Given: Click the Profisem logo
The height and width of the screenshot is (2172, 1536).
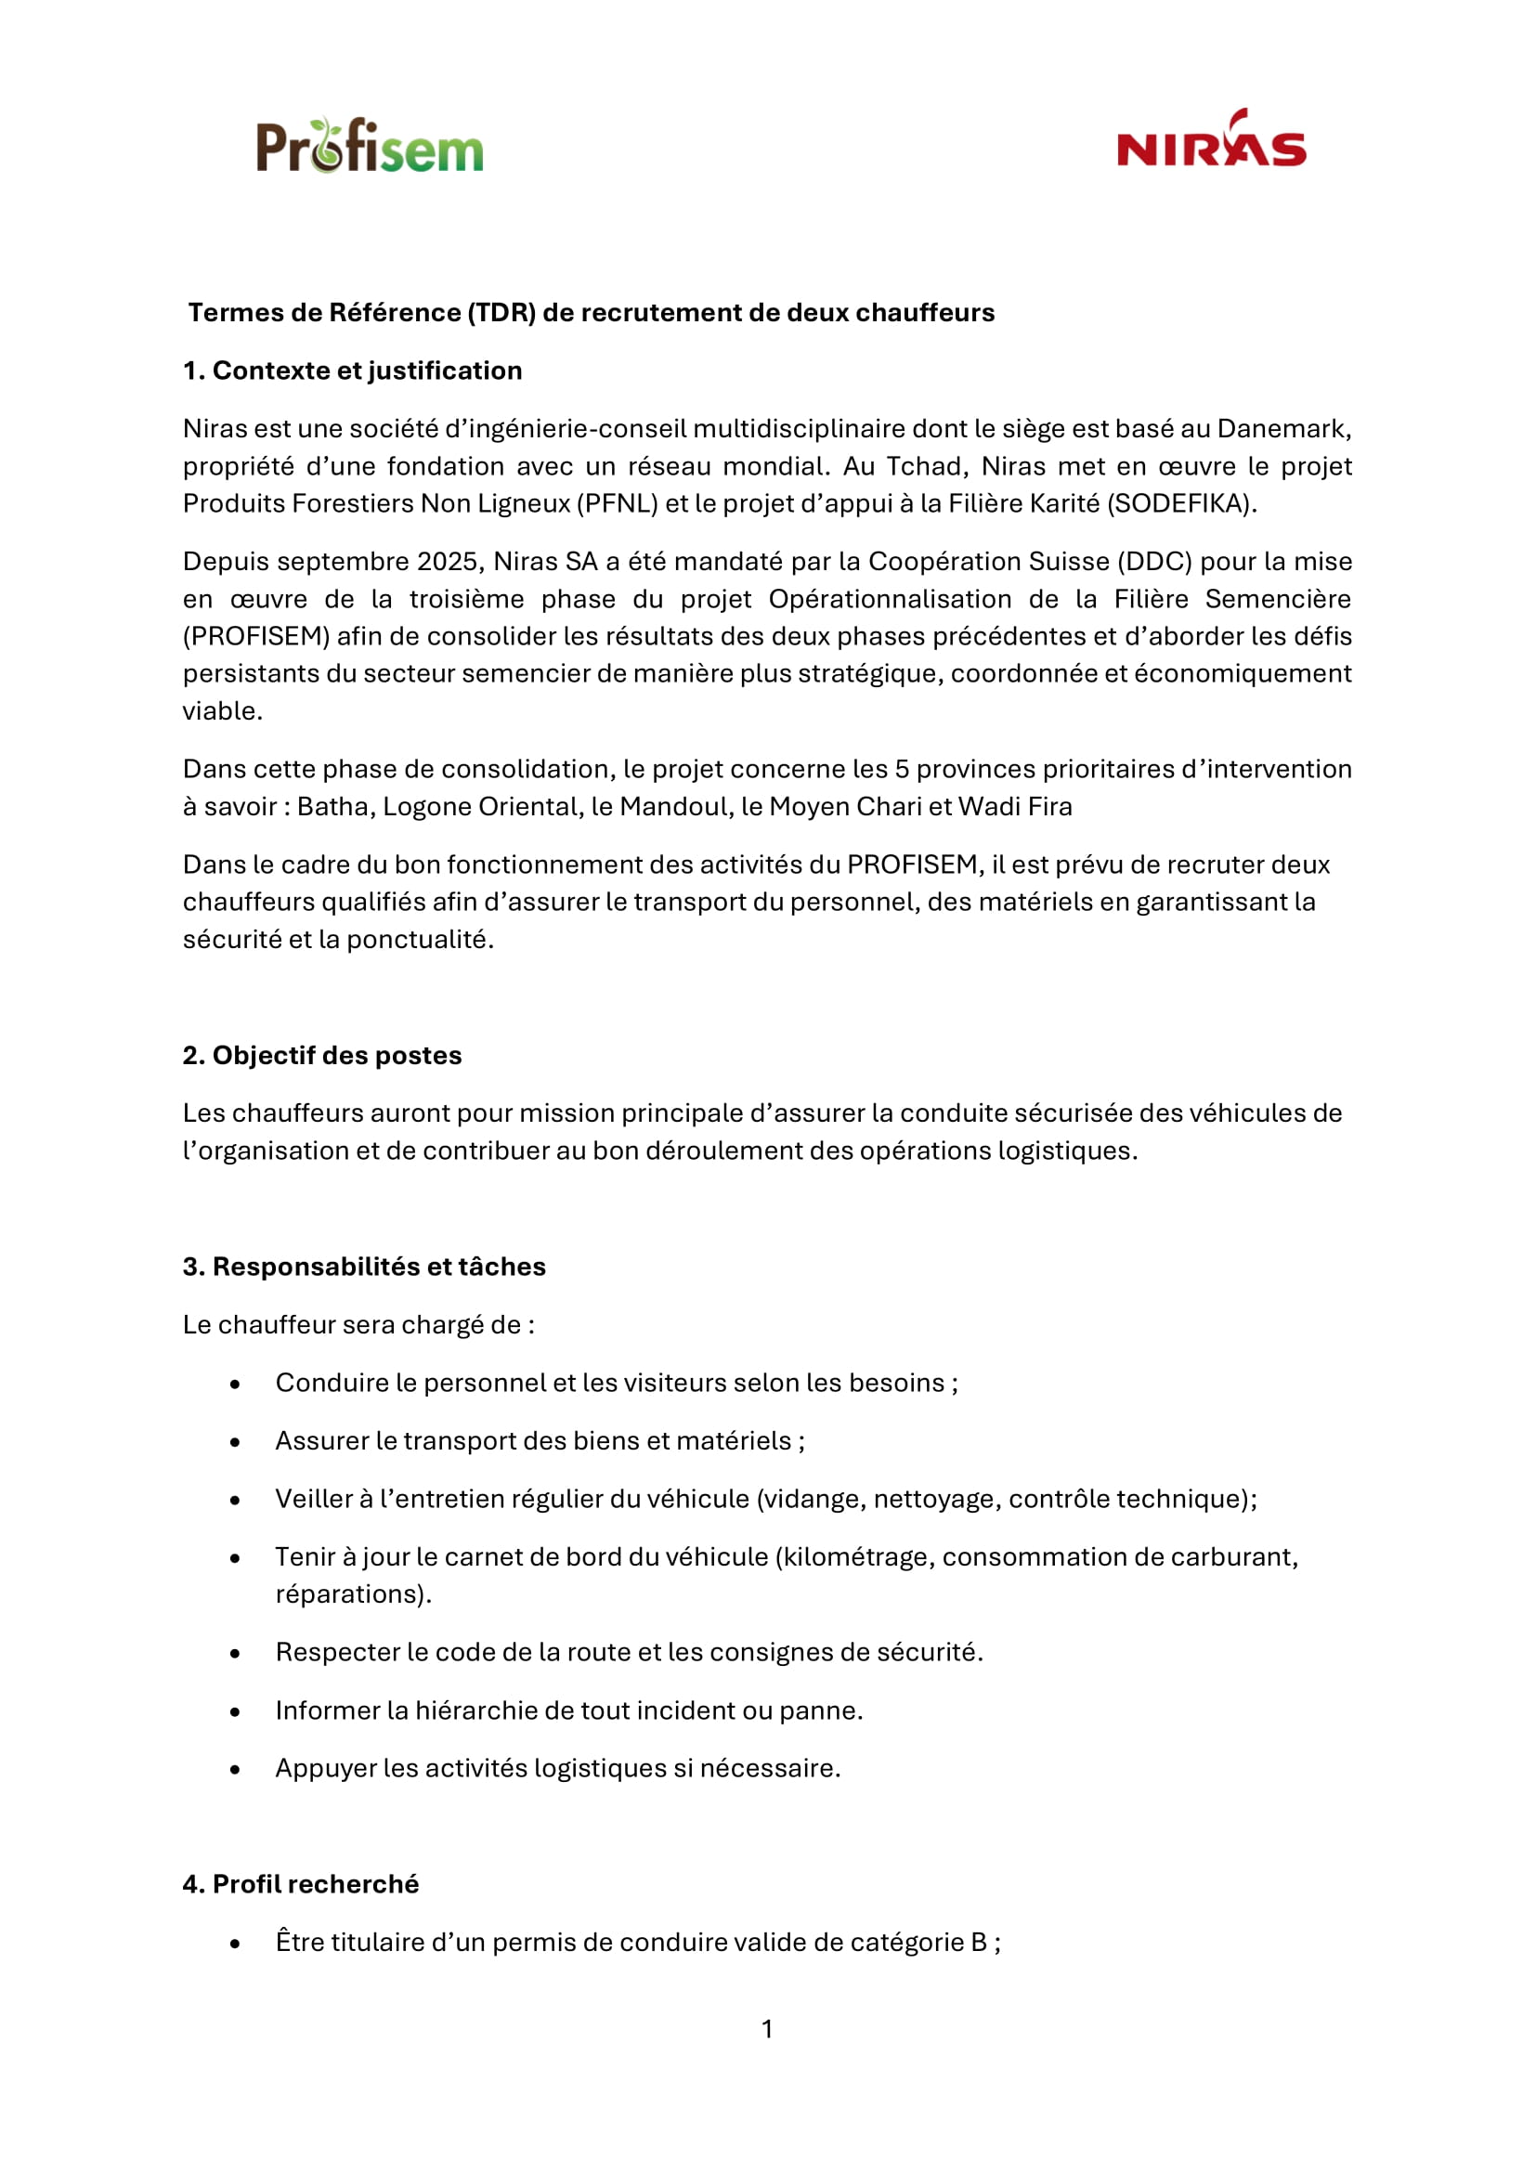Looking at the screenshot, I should pos(370,147).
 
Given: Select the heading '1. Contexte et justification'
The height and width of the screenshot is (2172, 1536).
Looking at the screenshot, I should pos(353,371).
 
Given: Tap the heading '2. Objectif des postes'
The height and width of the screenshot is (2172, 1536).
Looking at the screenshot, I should pos(322,1056).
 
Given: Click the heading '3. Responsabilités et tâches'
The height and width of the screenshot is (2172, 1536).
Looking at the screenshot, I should pos(364,1267).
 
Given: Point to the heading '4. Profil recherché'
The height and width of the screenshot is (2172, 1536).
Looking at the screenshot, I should pos(301,1884).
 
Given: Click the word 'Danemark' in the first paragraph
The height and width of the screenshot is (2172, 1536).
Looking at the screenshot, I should pos(1283,430).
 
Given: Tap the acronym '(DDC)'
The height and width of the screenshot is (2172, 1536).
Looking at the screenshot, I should pos(1155,562).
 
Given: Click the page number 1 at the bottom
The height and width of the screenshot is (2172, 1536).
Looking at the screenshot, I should pos(767,2029).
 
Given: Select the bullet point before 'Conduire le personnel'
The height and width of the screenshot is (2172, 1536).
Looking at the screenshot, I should pos(235,1384).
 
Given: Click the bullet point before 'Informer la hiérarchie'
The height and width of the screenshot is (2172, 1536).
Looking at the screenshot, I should pos(235,1711).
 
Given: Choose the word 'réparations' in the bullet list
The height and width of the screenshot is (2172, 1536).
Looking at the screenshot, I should pos(349,1595).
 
